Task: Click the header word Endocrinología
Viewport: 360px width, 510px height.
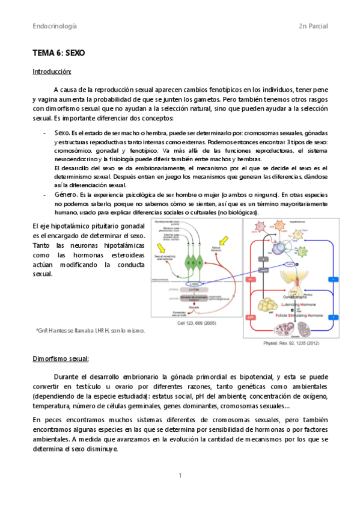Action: click(55, 26)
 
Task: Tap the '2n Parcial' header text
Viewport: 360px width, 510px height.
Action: click(313, 26)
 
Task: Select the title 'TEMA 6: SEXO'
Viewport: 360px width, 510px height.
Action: click(59, 53)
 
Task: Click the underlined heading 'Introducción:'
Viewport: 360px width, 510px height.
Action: click(52, 72)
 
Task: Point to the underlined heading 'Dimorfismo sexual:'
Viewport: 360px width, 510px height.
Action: click(61, 358)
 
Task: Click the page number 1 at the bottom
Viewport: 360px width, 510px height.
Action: click(180, 475)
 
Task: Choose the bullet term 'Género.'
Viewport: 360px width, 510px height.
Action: click(66, 195)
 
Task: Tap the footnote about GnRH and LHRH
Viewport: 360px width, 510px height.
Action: click(90, 330)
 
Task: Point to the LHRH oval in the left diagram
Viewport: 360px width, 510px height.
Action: click(194, 284)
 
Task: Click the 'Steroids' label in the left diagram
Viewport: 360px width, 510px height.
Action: click(194, 307)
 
